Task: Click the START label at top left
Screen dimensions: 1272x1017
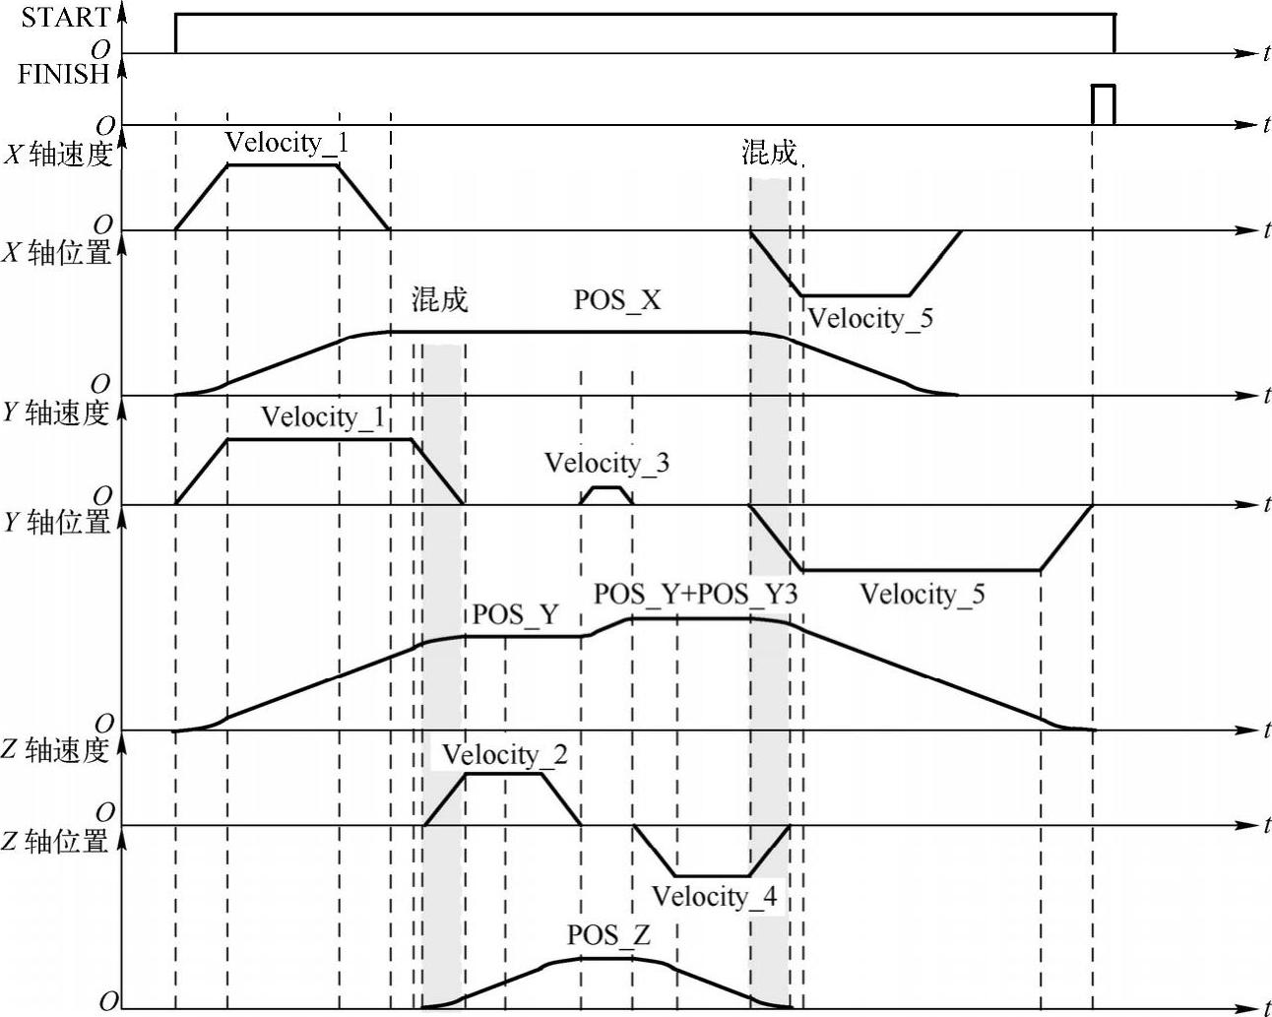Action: [65, 17]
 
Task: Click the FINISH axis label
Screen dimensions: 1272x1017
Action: [62, 74]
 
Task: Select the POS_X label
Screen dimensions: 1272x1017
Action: [617, 300]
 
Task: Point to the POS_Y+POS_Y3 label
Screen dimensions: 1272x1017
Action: [695, 595]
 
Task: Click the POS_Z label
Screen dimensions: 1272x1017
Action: [608, 934]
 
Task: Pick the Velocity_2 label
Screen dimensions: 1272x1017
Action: [504, 755]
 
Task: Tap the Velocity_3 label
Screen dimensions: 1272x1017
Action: [606, 463]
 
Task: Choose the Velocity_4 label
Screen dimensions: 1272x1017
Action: [714, 896]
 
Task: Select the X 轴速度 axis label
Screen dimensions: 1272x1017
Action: [58, 155]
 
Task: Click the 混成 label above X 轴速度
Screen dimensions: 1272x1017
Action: [769, 153]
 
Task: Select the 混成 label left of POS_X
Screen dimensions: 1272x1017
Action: [439, 299]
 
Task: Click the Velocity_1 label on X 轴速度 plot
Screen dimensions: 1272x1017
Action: [286, 143]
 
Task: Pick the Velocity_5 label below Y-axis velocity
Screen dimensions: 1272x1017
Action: [922, 595]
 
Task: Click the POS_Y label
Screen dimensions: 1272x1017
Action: [515, 615]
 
